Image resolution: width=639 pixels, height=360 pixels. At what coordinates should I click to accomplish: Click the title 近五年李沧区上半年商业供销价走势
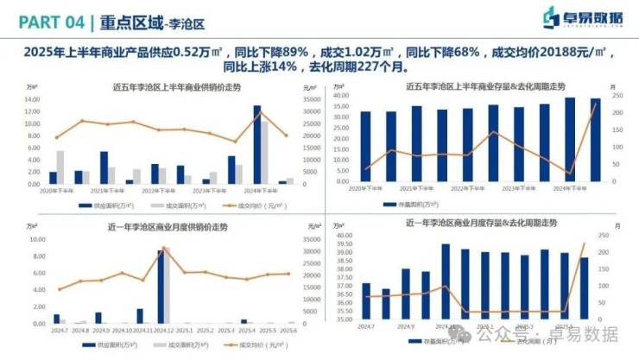tap(164, 87)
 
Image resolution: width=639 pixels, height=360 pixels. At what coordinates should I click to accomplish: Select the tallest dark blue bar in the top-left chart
tap(256, 144)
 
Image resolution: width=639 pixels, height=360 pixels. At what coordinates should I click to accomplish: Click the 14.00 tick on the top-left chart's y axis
tap(33, 99)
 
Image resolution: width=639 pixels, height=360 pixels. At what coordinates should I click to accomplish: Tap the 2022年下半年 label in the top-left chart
tap(159, 190)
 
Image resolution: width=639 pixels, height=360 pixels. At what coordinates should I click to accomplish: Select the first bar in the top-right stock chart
tap(365, 147)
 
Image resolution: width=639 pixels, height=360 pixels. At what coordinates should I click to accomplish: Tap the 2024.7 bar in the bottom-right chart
tap(366, 300)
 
